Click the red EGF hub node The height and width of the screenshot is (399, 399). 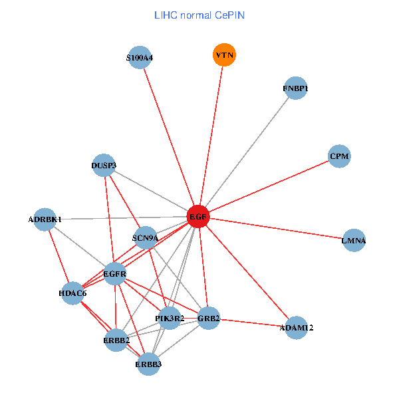tap(198, 216)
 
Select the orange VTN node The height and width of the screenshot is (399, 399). tap(224, 55)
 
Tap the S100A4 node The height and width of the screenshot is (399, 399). tap(139, 58)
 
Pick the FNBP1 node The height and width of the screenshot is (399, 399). tap(295, 88)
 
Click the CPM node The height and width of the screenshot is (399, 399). tap(339, 156)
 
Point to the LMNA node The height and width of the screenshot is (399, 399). tap(354, 240)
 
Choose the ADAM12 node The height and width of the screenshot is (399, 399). tap(296, 327)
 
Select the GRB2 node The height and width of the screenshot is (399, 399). tap(208, 318)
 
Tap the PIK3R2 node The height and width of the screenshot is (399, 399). tap(170, 319)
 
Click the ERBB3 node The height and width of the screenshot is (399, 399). tap(148, 364)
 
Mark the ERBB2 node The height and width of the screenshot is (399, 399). tap(116, 340)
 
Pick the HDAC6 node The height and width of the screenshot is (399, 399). tap(72, 293)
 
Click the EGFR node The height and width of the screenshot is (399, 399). tap(115, 273)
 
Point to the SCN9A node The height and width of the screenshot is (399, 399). tap(145, 238)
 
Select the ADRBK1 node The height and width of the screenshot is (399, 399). tap(45, 219)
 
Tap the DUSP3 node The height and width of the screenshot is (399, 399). tap(104, 165)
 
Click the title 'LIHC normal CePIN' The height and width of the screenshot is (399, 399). tap(199, 15)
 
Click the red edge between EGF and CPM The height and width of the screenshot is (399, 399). tap(269, 186)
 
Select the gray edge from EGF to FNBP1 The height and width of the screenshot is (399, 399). tap(247, 152)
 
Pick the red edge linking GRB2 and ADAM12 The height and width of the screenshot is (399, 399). tap(252, 323)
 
